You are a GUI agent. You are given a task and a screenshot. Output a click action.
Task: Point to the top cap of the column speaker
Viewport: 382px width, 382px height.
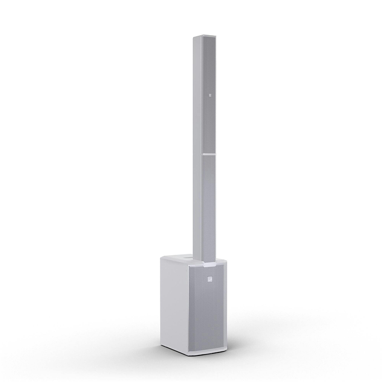point(204,37)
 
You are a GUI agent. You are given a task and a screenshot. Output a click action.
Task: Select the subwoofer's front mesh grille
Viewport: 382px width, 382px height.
point(207,312)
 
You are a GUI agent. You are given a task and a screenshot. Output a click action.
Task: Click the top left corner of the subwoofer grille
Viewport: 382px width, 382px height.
point(190,266)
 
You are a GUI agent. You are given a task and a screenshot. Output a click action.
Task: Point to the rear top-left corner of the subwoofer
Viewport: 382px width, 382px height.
point(162,257)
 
